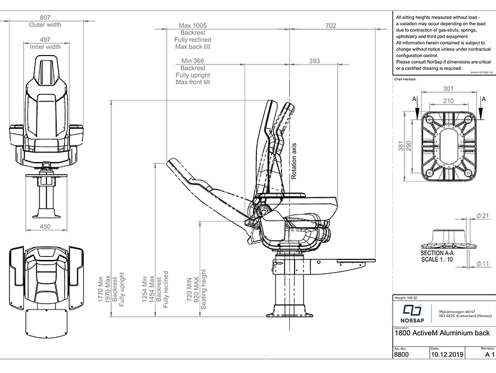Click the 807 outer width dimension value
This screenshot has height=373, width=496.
coord(45,17)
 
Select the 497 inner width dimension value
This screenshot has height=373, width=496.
coord(45,39)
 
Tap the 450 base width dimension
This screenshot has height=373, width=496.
coord(45,227)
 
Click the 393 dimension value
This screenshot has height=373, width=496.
coord(314,61)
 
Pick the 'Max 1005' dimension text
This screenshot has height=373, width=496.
coord(192,26)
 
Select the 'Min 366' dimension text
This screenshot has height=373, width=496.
coord(192,61)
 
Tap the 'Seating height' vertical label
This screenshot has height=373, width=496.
coord(203,289)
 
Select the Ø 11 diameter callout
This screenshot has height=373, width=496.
coord(484,263)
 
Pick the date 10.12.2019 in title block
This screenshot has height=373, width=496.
coord(447,354)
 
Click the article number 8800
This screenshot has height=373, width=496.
coord(402,354)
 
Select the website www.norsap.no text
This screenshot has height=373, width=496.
coord(479,72)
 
